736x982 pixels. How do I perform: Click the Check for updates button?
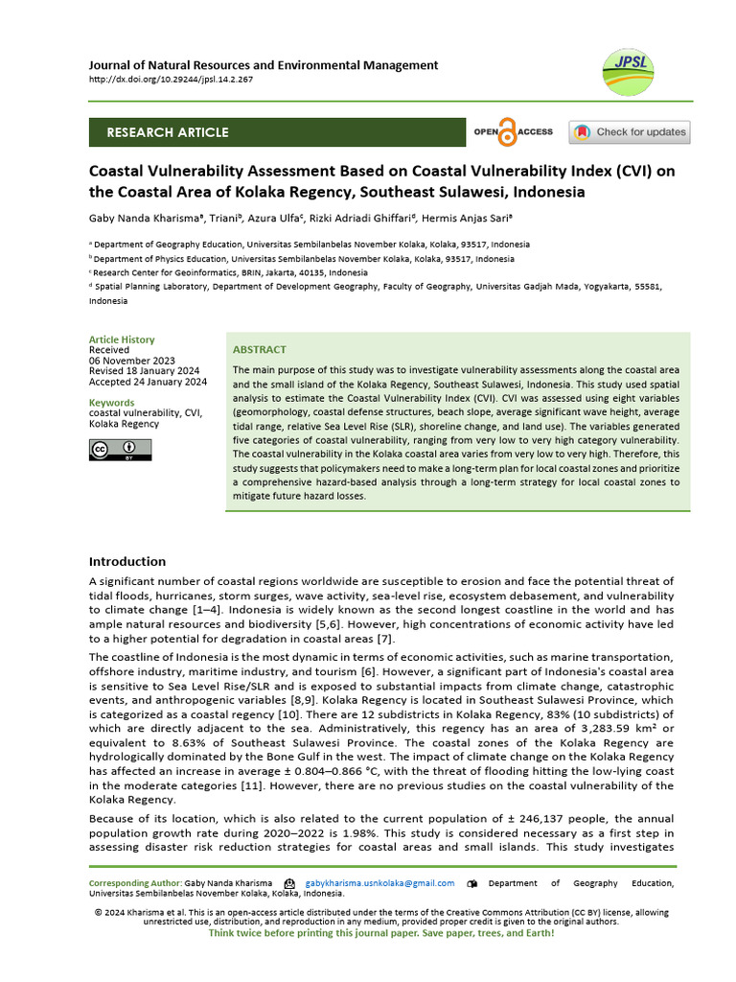pos(629,132)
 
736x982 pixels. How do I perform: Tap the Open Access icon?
pos(513,132)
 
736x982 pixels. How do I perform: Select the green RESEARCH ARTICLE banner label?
pos(168,132)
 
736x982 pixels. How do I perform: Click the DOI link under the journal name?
pos(171,80)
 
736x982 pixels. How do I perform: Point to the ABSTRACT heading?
pos(260,350)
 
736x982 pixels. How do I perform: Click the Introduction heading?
pos(127,561)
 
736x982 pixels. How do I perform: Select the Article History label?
pos(122,339)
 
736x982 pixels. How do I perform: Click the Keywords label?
pos(112,403)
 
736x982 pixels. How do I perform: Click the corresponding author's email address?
pos(379,883)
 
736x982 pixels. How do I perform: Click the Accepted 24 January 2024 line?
pos(148,382)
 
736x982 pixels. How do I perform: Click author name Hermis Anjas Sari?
pos(476,219)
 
